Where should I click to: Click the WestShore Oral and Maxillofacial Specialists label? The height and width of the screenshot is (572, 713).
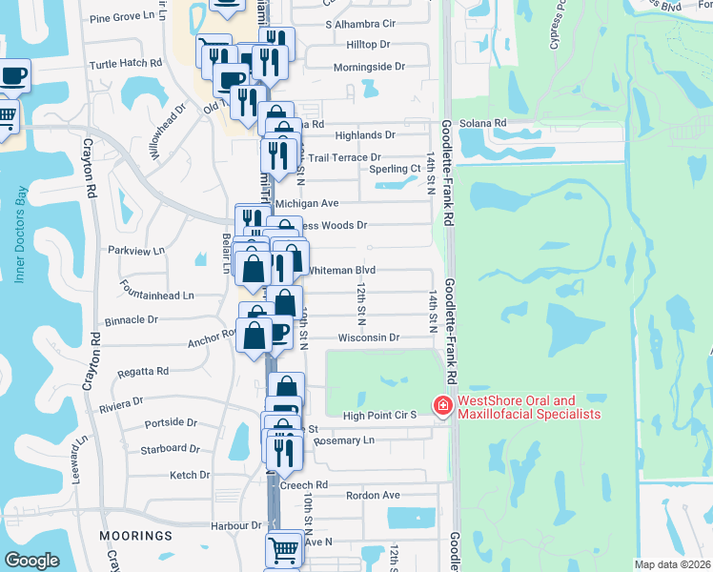click(530, 407)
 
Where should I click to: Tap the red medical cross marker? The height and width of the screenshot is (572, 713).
click(442, 406)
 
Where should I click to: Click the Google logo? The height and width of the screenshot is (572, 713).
click(31, 560)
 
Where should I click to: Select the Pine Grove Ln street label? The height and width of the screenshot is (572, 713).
click(121, 17)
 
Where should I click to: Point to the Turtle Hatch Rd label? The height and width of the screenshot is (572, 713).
click(121, 63)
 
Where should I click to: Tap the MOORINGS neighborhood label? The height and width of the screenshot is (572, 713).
click(134, 537)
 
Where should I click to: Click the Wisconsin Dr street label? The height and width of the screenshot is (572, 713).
click(368, 337)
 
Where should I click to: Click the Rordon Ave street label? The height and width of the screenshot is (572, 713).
click(373, 495)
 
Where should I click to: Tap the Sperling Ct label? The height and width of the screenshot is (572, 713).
click(395, 169)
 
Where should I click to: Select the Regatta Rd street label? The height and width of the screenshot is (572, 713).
click(143, 371)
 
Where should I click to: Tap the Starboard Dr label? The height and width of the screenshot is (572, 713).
click(170, 448)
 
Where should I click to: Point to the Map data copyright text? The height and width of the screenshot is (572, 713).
click(673, 564)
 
